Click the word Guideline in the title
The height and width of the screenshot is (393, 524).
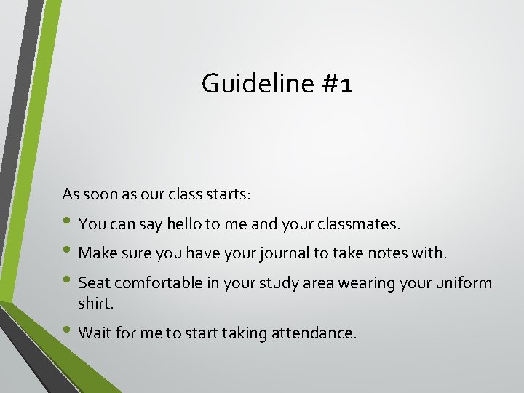(256, 84)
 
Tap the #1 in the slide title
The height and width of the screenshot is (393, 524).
(337, 84)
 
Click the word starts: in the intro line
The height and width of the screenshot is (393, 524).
(226, 194)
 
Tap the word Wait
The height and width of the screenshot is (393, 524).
(94, 333)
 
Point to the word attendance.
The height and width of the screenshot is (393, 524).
(314, 333)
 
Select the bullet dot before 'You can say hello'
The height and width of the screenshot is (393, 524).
(68, 222)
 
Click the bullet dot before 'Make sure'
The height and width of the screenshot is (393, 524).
(68, 251)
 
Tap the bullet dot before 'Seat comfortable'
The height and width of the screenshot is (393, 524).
(68, 280)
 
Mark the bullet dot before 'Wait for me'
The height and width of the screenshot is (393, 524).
(68, 331)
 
